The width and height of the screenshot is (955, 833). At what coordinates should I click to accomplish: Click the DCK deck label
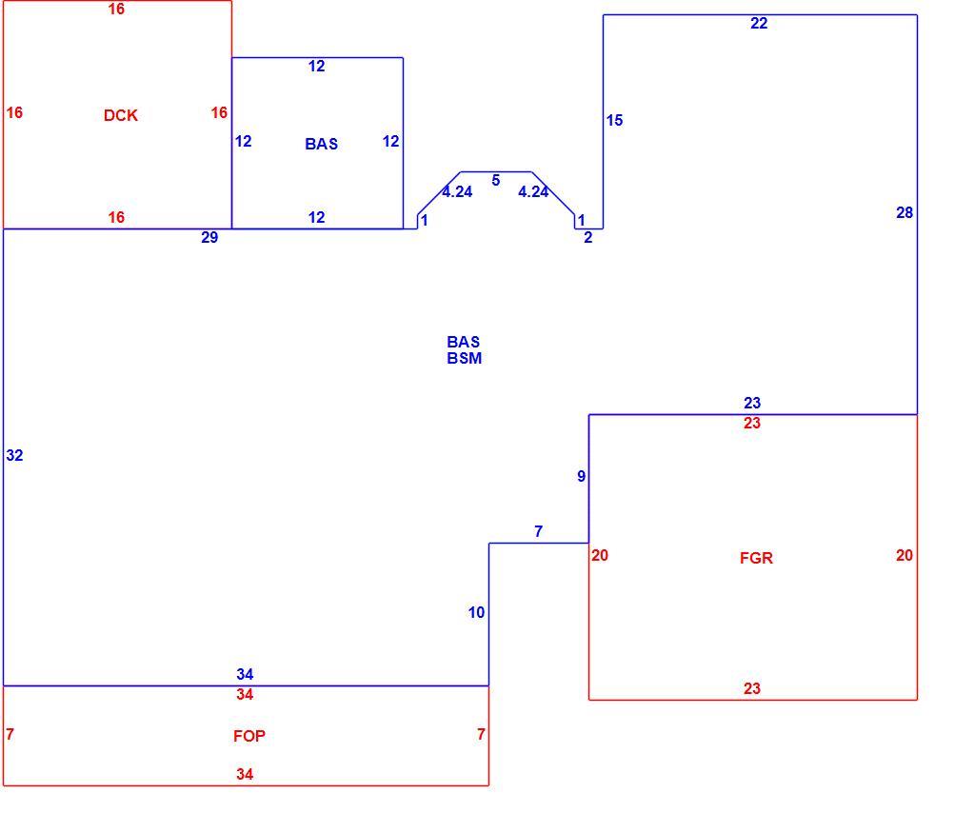[x=121, y=115]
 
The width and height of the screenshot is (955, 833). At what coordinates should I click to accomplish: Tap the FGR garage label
[x=756, y=558]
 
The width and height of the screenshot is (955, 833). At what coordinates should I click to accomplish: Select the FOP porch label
[x=249, y=736]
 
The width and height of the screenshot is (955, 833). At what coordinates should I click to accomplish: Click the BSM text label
[x=464, y=358]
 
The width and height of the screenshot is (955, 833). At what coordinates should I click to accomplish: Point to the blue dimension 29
[x=209, y=237]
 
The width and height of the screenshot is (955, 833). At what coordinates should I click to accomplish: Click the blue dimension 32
[x=14, y=455]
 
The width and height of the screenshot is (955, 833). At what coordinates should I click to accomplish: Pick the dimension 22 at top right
[x=759, y=23]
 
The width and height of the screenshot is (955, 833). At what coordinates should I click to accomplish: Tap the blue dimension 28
[x=905, y=212]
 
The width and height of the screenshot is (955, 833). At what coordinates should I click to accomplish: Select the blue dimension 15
[x=614, y=121]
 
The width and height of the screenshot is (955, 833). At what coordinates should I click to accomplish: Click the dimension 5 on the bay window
[x=496, y=180]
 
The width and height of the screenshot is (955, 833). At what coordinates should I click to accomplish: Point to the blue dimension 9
[x=582, y=476]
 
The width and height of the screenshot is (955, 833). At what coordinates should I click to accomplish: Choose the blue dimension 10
[x=476, y=612]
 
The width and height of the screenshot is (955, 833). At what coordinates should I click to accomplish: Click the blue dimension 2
[x=587, y=237]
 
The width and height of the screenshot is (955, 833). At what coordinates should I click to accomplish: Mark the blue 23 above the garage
[x=752, y=403]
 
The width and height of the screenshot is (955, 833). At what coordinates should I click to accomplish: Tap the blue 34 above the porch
[x=245, y=674]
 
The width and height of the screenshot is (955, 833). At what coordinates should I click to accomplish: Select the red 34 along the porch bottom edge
[x=245, y=774]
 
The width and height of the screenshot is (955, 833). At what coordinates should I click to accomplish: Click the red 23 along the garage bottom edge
[x=752, y=688]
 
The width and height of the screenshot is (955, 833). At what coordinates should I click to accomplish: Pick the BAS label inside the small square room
[x=322, y=144]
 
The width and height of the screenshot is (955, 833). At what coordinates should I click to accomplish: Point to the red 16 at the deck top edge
[x=116, y=10]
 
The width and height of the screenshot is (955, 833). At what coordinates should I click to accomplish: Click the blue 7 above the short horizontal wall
[x=538, y=531]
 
